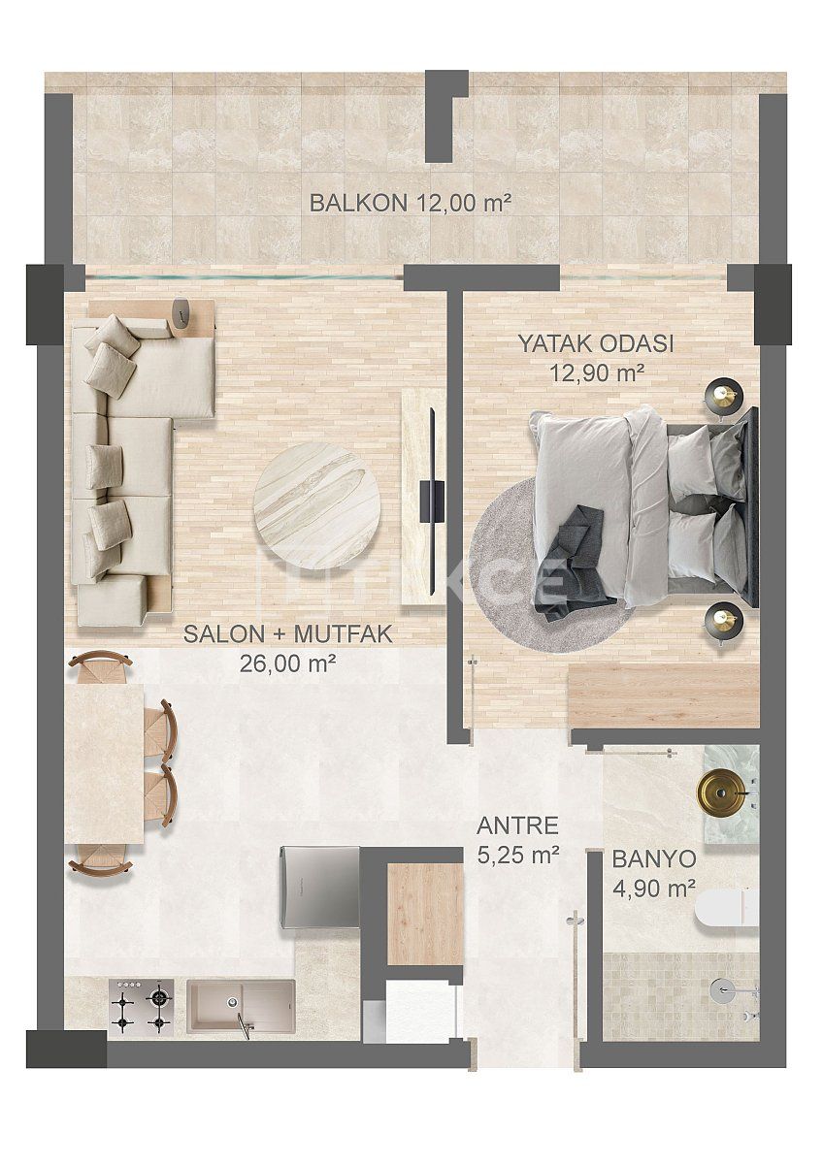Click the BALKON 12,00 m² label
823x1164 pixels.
tap(410, 203)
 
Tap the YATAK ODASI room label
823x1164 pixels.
tap(595, 343)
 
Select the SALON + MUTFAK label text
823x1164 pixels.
tap(287, 635)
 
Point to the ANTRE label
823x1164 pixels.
tap(517, 826)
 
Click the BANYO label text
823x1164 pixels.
tap(653, 858)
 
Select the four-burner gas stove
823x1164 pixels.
tap(142, 1006)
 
